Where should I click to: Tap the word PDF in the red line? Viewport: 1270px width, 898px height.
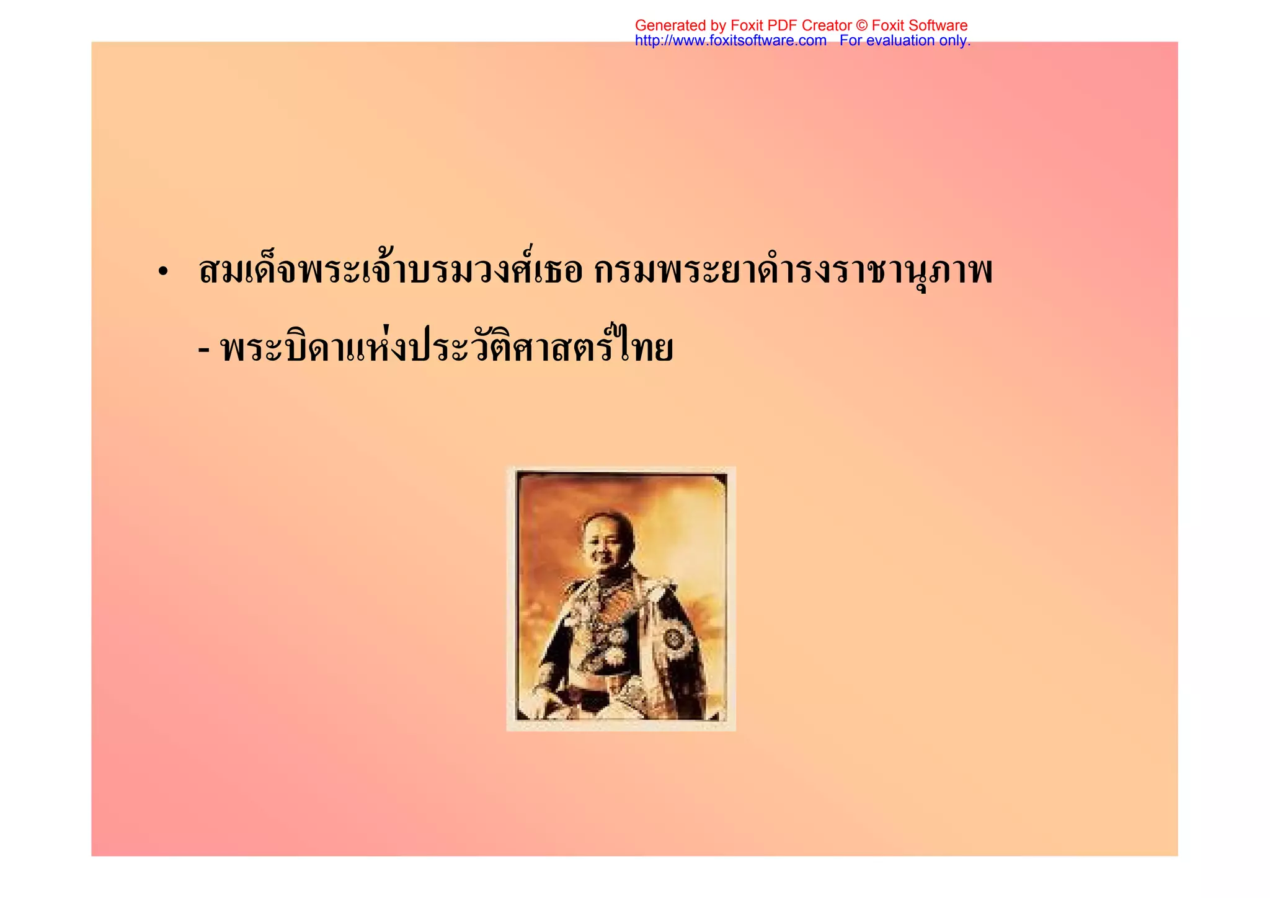pos(783,25)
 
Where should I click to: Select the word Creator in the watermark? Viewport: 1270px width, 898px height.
pos(827,25)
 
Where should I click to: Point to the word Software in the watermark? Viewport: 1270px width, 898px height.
pos(939,25)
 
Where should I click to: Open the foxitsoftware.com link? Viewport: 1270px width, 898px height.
pos(730,41)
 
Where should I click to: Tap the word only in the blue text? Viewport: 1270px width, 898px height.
pos(955,41)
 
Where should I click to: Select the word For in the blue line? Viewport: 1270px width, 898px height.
pos(851,41)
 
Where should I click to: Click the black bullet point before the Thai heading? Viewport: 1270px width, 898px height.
pos(163,273)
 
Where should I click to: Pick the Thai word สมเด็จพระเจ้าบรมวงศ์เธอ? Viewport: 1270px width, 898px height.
pos(391,271)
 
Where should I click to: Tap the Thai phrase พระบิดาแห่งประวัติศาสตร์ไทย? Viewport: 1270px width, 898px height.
pos(446,348)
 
